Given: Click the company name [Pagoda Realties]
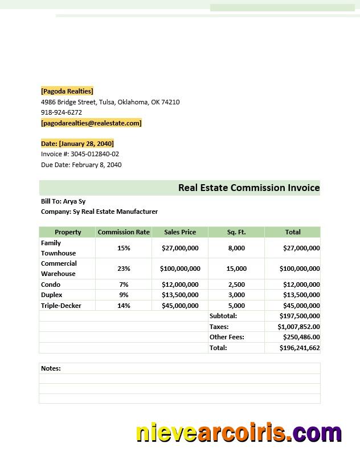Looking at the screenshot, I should [67, 91].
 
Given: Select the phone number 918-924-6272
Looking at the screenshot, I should [62, 112].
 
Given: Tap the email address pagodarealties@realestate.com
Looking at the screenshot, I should [91, 123].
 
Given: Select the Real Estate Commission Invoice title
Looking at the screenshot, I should [248, 188].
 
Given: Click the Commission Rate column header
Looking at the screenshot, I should [124, 232].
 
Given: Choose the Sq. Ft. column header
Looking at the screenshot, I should [236, 232].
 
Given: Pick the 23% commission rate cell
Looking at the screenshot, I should [124, 269].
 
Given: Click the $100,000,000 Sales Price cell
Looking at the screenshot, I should [180, 269].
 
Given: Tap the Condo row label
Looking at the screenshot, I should [51, 285].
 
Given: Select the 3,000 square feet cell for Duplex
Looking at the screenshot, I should [236, 295].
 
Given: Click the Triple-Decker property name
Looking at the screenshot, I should [61, 306].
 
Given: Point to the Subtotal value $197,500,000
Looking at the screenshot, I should [299, 316].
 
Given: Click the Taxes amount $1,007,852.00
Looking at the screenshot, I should [298, 327].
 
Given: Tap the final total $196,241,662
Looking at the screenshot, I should [299, 348].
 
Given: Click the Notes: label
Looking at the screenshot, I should [51, 368].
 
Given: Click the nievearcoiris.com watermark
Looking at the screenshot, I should [239, 433].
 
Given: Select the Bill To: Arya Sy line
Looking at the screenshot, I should [63, 201].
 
